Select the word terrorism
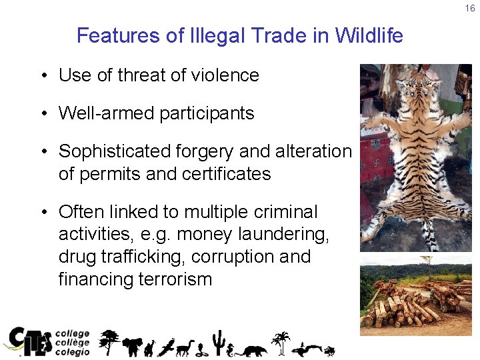coord(169,279)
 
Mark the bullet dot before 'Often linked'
coord(43,213)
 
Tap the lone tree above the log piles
coord(427,261)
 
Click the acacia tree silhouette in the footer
coord(109,340)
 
